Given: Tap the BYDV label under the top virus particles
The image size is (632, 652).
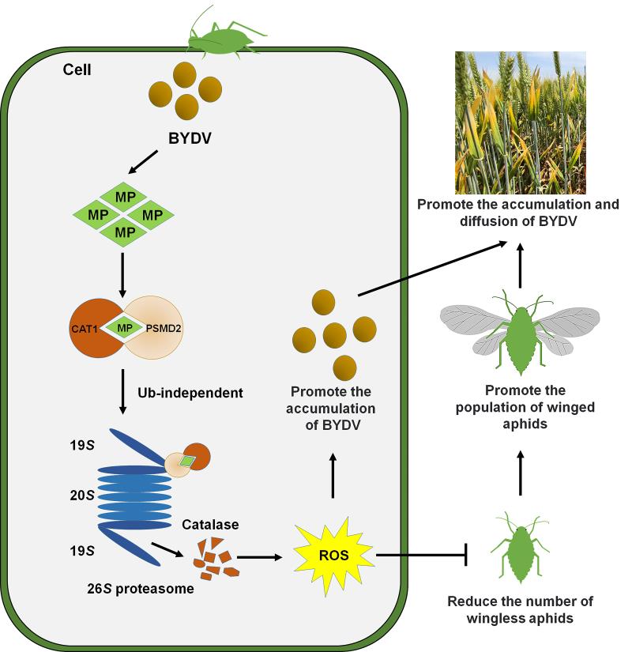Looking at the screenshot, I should tap(190, 139).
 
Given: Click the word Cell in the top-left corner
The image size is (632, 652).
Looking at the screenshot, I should tap(77, 70).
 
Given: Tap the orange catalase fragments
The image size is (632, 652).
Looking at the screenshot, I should tap(213, 558).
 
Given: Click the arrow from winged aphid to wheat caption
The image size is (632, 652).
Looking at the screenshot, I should tap(521, 266).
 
